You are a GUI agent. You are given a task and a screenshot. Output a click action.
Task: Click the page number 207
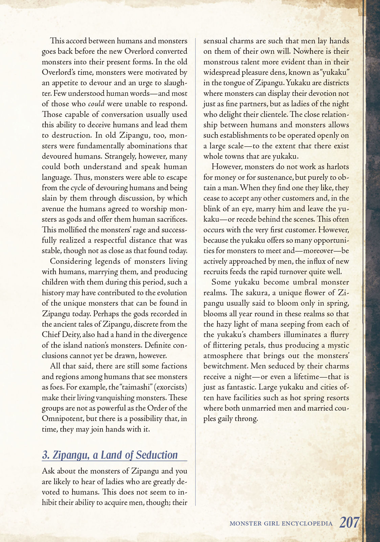click(349, 522)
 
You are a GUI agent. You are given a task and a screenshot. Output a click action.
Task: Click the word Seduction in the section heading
click(157, 455)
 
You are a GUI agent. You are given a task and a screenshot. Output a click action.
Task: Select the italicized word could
click(96, 104)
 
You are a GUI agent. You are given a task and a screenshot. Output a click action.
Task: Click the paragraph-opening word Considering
click(71, 261)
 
